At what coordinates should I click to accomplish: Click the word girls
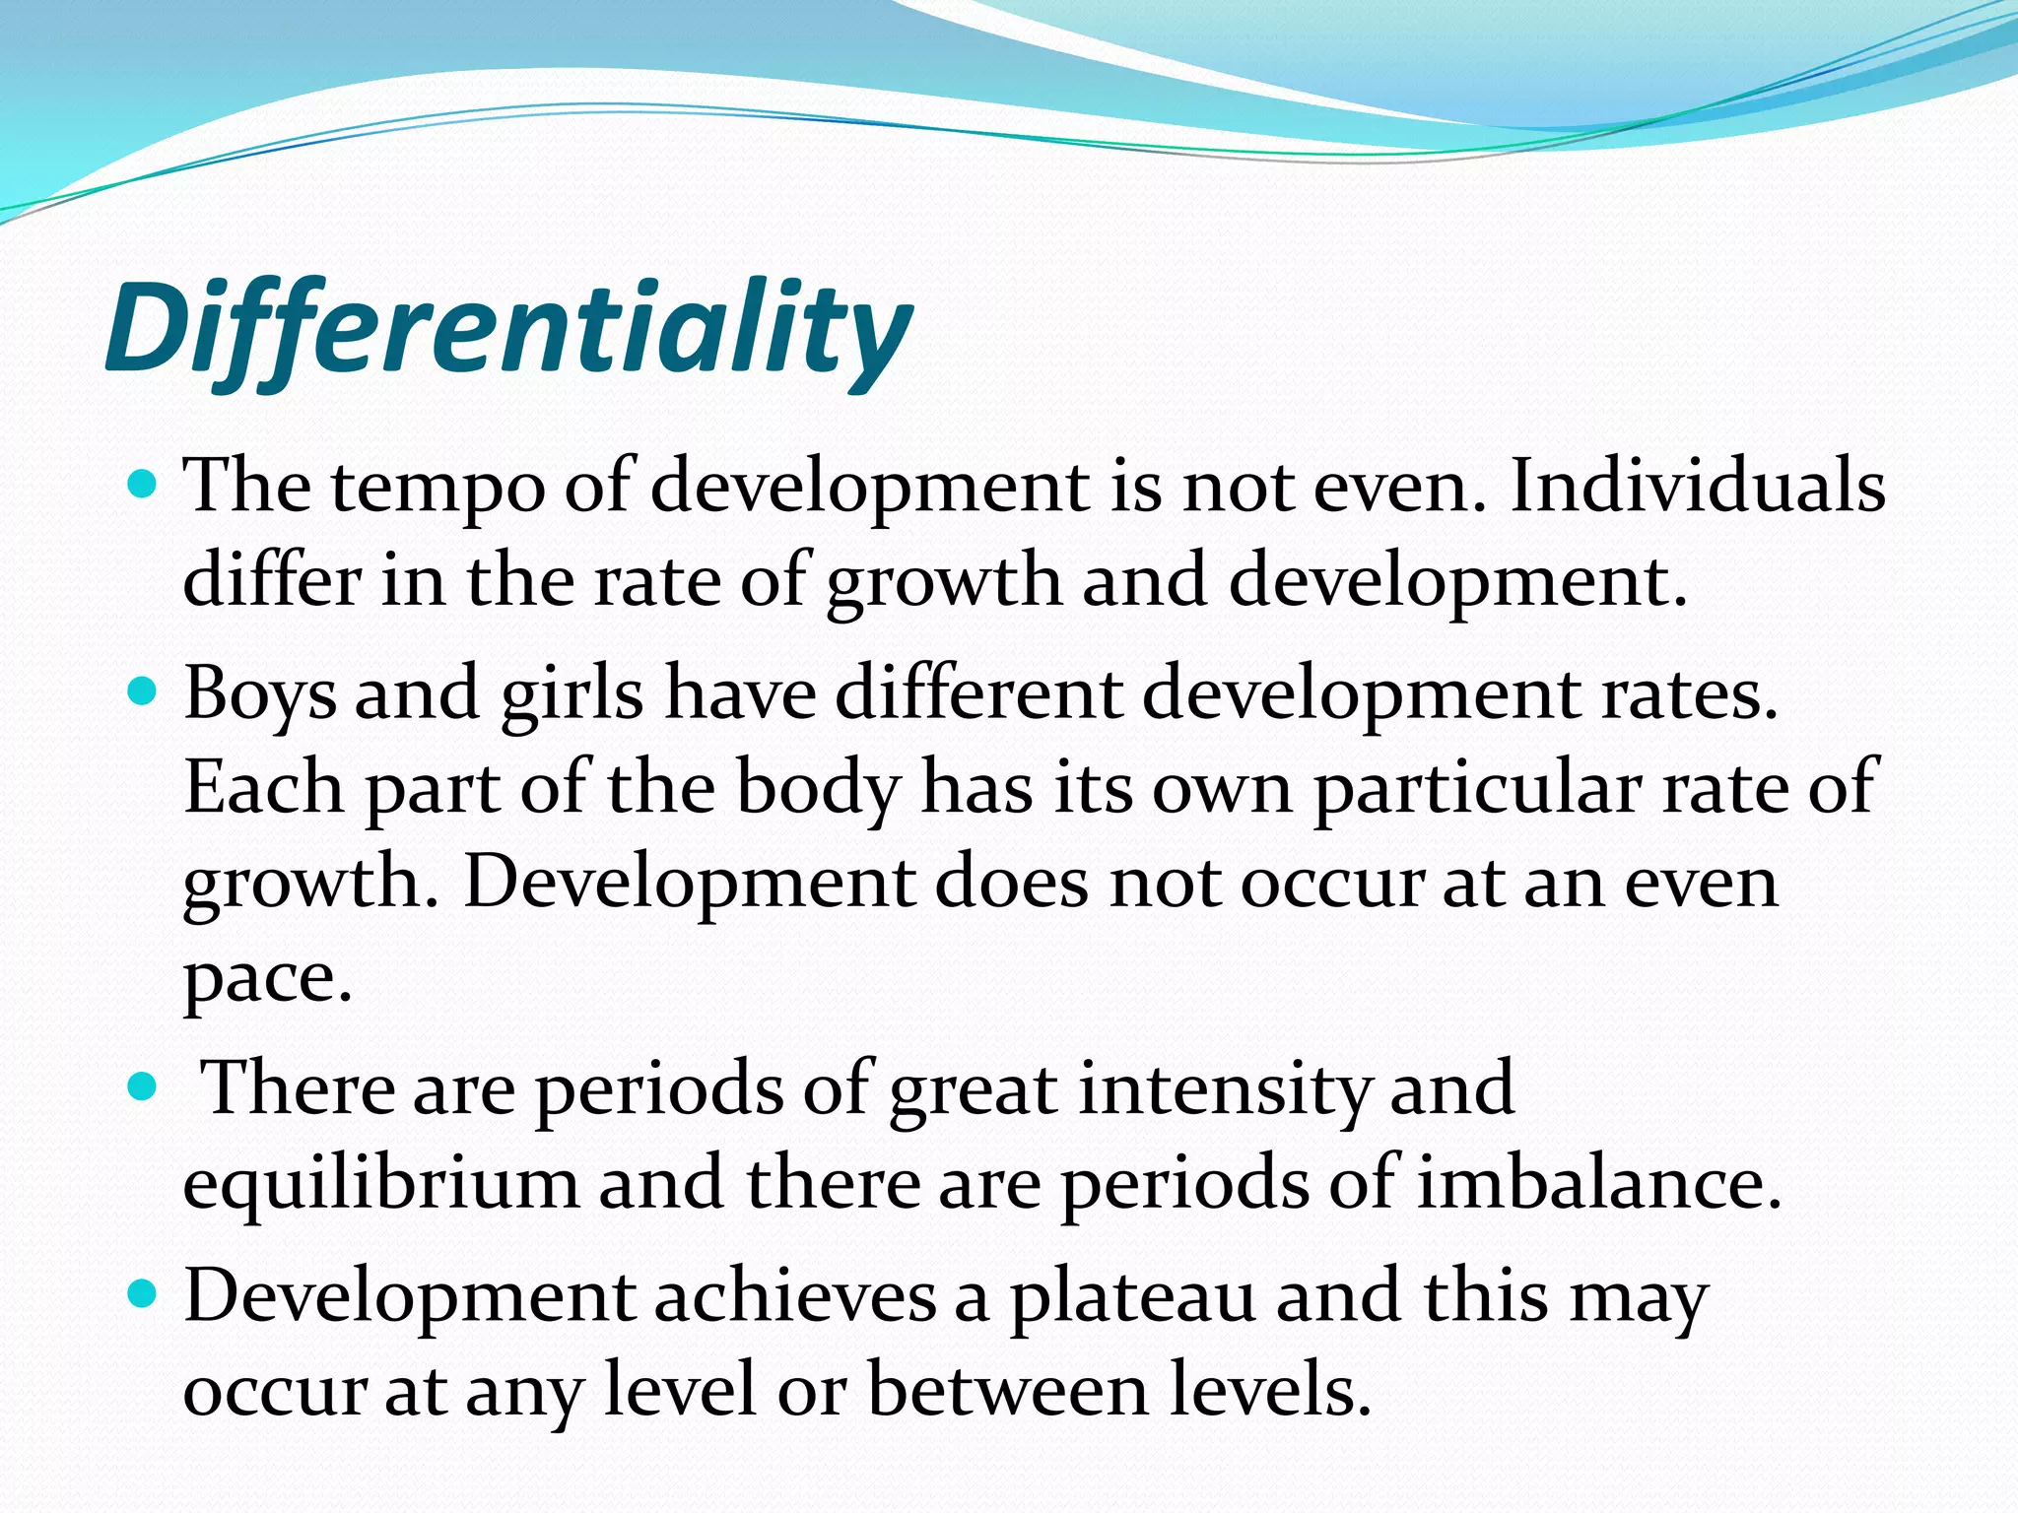click(x=572, y=693)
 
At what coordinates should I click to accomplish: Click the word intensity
click(x=1224, y=1089)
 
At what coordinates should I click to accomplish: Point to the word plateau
click(x=1133, y=1296)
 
